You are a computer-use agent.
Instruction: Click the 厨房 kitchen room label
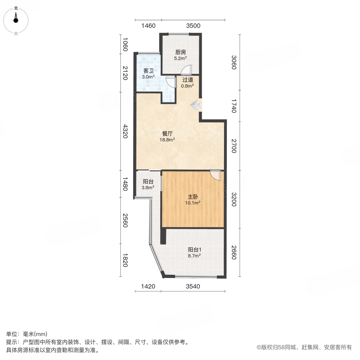(180, 52)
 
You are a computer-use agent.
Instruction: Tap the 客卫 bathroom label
(148, 71)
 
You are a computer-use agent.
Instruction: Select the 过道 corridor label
(188, 80)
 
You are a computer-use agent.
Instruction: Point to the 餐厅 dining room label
(167, 134)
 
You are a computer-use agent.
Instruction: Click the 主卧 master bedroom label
(193, 197)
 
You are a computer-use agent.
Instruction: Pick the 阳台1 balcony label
(194, 250)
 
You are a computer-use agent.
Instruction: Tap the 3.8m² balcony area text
(148, 188)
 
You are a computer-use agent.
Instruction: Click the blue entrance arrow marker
(196, 105)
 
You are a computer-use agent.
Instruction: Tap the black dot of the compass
(16, 20)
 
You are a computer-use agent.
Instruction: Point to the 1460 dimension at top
(148, 26)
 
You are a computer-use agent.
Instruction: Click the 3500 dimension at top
(193, 26)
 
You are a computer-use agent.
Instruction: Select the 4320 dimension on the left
(125, 131)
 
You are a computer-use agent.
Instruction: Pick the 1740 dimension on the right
(234, 106)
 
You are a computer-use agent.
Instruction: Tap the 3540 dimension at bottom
(193, 286)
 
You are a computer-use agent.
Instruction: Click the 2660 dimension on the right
(234, 252)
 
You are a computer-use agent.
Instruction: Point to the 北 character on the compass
(16, 8)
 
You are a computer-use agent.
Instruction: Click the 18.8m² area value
(167, 140)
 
